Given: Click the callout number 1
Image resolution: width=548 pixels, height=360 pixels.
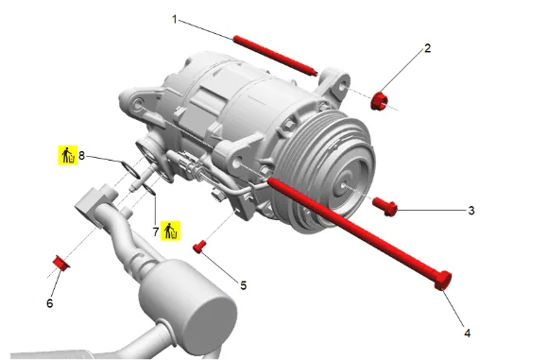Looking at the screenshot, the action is pos(175,19).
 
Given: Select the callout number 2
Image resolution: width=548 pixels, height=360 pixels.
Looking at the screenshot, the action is pos(427,48).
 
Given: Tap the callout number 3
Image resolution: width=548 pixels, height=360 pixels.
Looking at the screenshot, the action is pos(471,211).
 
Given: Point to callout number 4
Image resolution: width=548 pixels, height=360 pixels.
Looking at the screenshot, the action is pos(468,333).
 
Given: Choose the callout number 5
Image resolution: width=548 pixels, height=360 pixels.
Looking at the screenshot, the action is pos(243,285).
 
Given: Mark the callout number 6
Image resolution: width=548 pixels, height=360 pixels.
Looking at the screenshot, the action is pos(50,303).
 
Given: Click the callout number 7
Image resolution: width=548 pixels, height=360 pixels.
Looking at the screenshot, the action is pos(156,231).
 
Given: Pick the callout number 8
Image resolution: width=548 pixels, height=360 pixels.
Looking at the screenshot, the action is pos(81,155).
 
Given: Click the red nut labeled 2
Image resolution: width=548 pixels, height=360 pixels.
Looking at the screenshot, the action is pos(379,101).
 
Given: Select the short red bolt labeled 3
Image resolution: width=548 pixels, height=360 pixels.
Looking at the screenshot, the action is pos(385,206).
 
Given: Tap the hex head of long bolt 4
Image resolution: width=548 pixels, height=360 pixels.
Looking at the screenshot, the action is pos(443,281).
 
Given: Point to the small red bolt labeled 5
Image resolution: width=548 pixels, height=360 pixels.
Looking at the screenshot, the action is pos(198,248).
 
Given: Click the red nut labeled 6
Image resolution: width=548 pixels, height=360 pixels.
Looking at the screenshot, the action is pos(60,263).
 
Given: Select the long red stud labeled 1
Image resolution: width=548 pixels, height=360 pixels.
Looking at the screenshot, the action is pos(275,55).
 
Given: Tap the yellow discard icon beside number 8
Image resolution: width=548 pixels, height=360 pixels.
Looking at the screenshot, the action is pos(67,155).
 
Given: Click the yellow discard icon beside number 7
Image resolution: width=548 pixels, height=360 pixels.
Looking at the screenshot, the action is pos(171,231).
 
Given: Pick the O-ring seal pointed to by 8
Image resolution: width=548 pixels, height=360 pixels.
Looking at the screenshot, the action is pos(130,169).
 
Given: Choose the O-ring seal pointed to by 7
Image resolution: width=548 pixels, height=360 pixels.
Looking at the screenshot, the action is pos(149,189).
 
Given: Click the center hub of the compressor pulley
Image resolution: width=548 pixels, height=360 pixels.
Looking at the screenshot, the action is pos(345,184).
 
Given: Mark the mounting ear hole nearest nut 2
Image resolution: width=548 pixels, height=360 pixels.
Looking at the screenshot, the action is pos(343,87).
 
